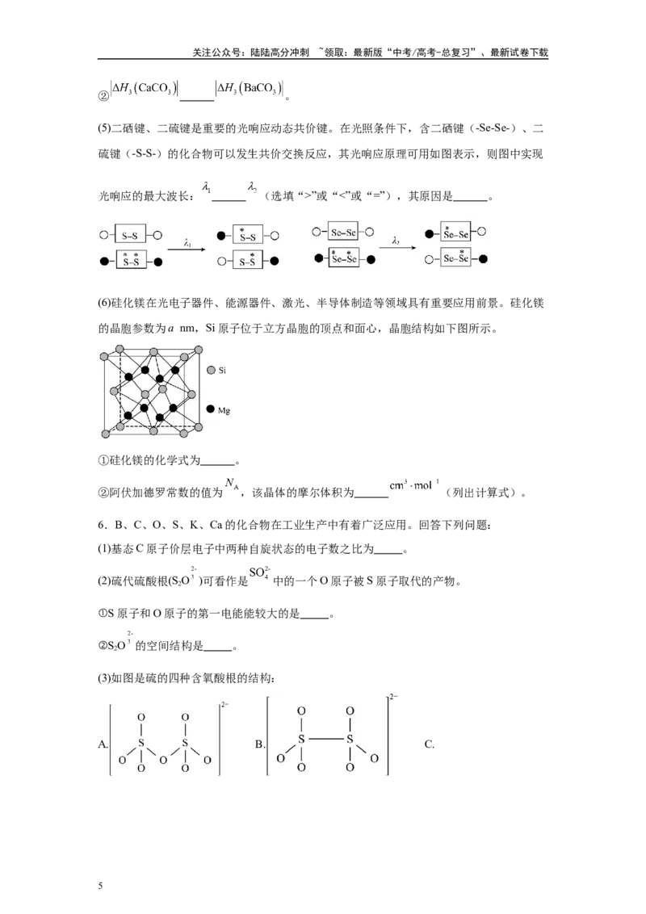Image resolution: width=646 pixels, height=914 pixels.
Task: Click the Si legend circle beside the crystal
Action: [211, 370]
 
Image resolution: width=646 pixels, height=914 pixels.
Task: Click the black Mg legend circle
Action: [211, 409]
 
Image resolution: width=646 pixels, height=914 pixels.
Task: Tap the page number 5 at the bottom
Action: [100, 886]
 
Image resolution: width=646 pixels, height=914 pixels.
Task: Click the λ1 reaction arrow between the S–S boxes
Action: [187, 249]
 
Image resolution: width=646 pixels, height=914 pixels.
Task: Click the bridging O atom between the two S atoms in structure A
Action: [163, 760]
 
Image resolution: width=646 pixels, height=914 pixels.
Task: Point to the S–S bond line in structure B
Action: [325, 739]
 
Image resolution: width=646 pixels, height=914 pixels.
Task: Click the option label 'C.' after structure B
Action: [429, 744]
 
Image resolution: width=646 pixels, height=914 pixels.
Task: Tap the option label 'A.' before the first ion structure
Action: [103, 744]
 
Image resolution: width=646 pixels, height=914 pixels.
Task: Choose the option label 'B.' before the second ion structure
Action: [259, 744]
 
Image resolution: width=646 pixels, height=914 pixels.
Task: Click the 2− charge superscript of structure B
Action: [393, 696]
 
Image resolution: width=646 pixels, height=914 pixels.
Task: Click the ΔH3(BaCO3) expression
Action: [250, 89]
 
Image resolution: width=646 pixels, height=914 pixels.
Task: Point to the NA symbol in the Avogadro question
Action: [232, 484]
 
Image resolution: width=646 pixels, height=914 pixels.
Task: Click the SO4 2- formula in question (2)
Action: [259, 572]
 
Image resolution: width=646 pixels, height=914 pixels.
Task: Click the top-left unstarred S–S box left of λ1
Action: [130, 235]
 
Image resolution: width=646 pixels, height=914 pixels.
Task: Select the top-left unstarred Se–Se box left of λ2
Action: [343, 232]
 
